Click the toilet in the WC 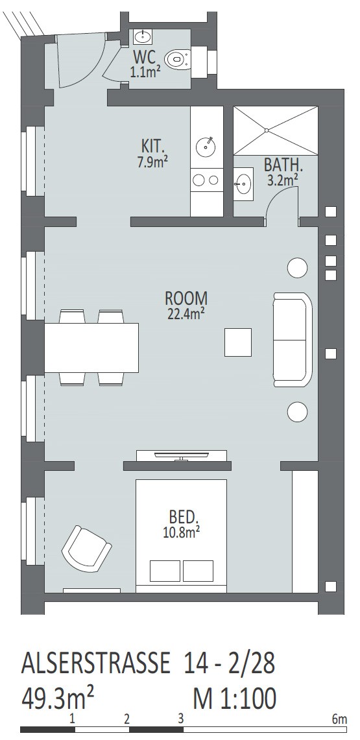(177, 60)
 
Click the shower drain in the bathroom (267, 130)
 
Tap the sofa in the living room (293, 339)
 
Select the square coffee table (238, 342)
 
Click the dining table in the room (91, 348)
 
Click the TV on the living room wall (182, 456)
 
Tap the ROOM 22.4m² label (186, 306)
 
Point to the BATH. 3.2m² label (283, 172)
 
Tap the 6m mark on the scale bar (339, 720)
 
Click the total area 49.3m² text (58, 698)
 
